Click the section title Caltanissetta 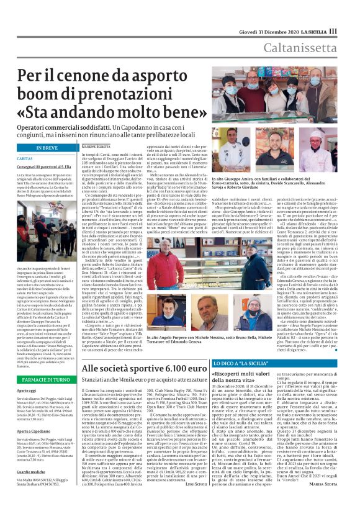point(304,47)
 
